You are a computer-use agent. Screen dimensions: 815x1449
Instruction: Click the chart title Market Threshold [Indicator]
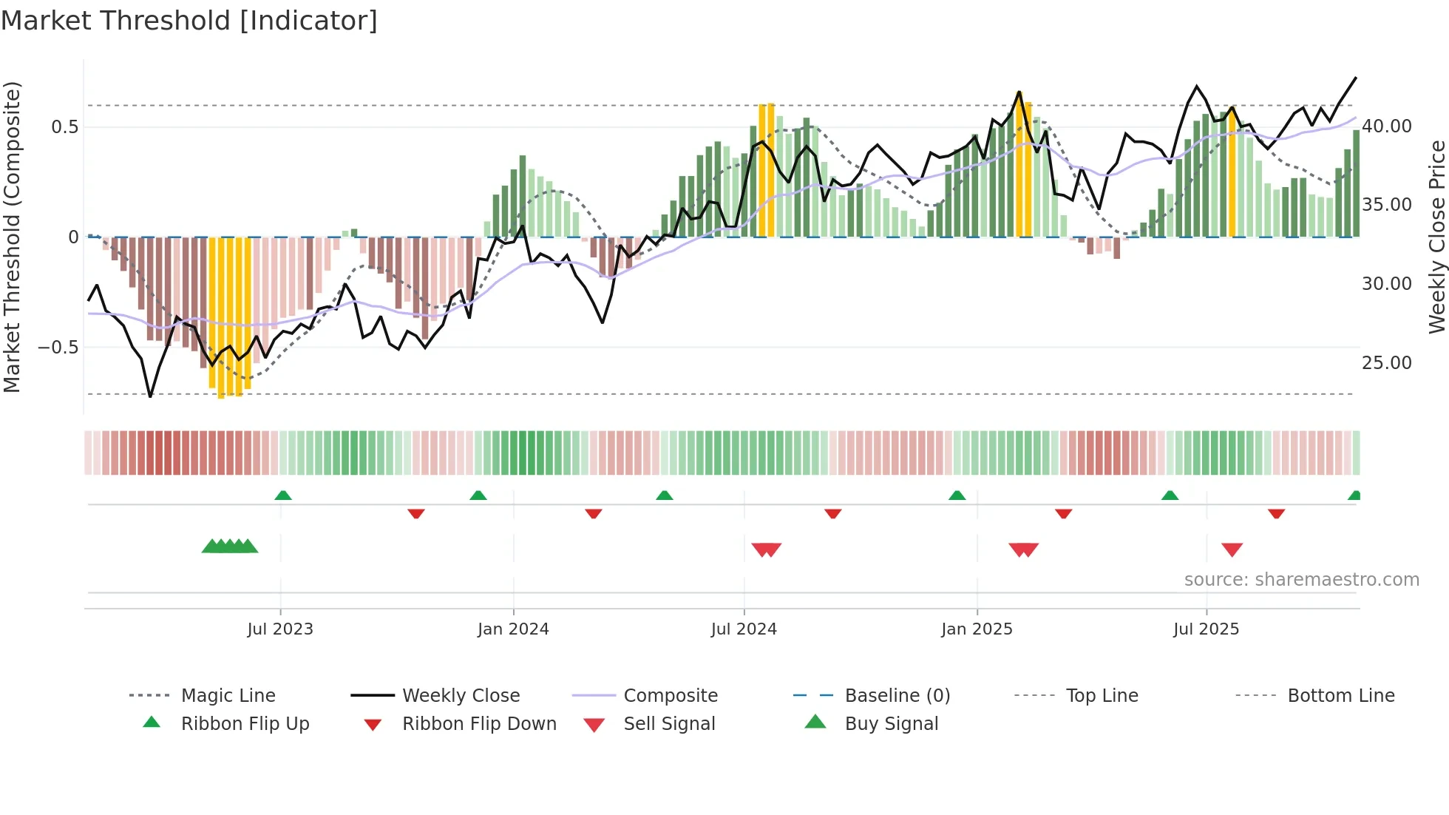click(x=189, y=21)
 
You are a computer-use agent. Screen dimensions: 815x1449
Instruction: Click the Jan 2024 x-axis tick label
click(x=513, y=629)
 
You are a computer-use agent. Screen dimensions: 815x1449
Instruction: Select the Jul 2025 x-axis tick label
click(x=1206, y=629)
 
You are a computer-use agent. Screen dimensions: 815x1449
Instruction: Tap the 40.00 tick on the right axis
click(x=1386, y=126)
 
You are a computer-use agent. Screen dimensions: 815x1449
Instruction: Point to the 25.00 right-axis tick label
click(x=1386, y=362)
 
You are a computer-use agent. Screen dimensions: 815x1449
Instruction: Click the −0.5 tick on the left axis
click(x=58, y=347)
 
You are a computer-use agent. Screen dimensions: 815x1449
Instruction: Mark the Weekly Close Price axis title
click(x=1436, y=237)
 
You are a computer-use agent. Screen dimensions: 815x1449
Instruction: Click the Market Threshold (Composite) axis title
click(x=12, y=237)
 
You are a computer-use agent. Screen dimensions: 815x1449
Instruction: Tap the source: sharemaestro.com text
click(x=1301, y=579)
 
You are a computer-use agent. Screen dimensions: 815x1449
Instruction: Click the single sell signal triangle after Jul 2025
click(x=1232, y=549)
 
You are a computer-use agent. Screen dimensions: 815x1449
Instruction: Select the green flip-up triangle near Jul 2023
click(x=283, y=496)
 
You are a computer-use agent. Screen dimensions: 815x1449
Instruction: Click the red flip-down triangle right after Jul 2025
click(x=1276, y=513)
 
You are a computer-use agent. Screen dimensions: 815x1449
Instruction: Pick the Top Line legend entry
click(x=1102, y=695)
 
